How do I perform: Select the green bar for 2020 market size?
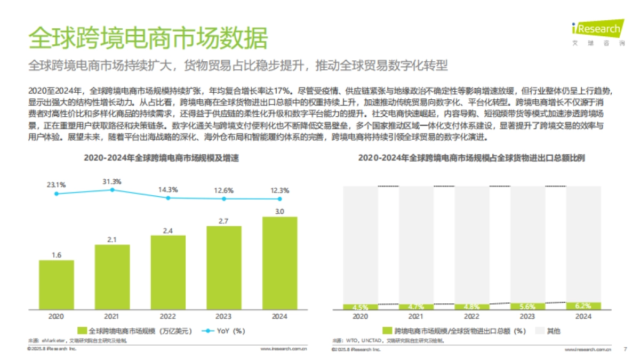(56, 285)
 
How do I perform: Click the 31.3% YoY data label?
(112, 181)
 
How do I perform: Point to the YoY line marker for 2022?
(168, 198)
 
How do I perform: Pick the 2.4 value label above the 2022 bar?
(168, 230)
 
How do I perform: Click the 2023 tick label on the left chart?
(224, 316)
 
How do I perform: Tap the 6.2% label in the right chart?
(583, 306)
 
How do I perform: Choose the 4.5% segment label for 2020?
(361, 307)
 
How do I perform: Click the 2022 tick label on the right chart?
(472, 316)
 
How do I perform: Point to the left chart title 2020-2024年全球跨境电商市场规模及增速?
(169, 158)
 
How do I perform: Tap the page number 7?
(625, 349)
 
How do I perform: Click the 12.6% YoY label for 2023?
(224, 190)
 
